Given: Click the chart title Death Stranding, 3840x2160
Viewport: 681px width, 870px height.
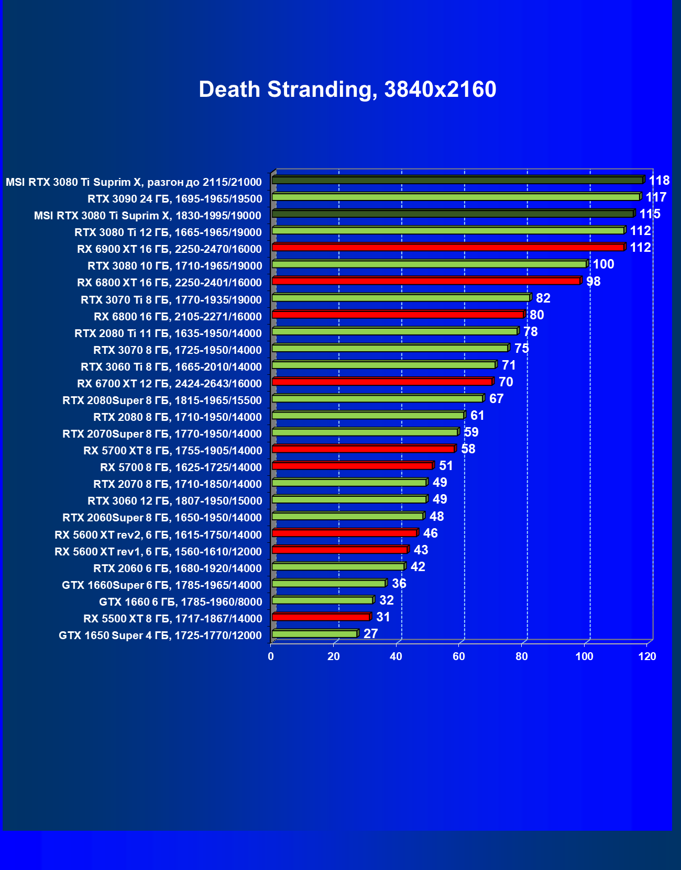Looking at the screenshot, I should click(347, 90).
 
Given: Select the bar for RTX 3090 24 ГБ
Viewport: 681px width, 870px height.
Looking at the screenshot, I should click(456, 197).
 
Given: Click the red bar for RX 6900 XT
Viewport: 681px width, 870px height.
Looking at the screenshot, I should click(448, 247).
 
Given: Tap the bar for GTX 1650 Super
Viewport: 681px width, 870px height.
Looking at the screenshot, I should click(314, 634).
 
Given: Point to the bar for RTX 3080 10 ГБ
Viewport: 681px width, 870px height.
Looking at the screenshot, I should click(430, 264).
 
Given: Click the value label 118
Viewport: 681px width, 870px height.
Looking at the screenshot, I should click(659, 181).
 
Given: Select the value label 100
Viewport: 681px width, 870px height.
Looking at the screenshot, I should click(603, 264).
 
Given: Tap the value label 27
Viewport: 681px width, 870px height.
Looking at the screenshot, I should click(370, 634).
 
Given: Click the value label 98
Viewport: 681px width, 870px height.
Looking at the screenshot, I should click(593, 282).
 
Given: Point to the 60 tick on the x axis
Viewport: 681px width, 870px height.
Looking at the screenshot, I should click(459, 656).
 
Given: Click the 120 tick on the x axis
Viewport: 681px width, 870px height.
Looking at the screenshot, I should click(647, 656).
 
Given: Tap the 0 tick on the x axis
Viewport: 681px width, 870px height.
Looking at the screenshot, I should click(271, 656).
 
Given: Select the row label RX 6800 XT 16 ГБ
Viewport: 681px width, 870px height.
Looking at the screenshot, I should click(169, 283).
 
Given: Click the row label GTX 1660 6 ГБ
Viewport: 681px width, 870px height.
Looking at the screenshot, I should click(180, 602).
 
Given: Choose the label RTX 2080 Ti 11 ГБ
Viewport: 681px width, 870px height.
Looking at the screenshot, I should click(168, 333).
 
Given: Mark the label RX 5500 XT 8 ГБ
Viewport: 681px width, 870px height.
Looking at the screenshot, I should click(172, 619).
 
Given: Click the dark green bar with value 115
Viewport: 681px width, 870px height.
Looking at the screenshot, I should click(453, 214).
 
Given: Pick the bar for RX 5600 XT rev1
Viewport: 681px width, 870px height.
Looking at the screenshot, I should click(339, 550).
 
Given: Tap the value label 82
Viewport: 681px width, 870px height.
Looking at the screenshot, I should click(543, 298).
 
